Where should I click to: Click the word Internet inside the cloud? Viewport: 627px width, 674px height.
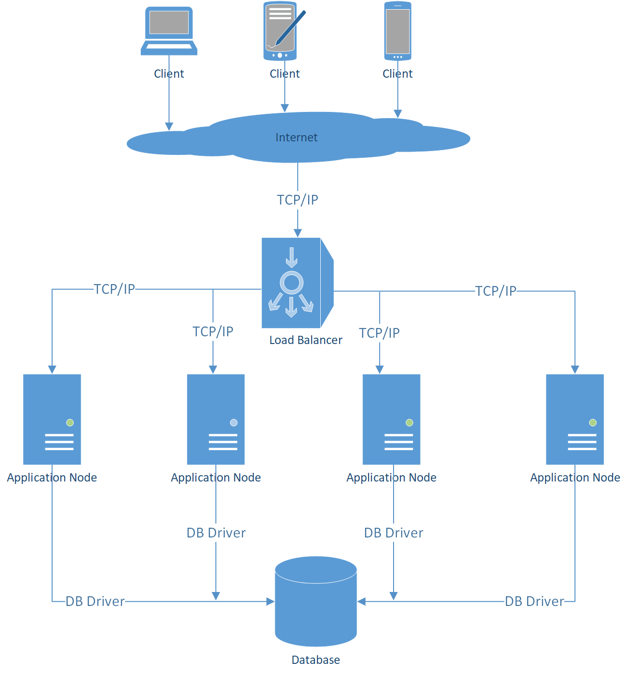(296, 138)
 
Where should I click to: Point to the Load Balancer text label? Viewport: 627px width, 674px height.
(305, 340)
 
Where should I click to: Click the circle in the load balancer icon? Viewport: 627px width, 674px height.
(291, 283)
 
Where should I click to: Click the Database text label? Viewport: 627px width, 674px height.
(315, 660)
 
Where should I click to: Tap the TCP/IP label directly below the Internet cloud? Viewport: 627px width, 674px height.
(298, 200)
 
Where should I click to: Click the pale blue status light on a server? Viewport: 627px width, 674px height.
(234, 423)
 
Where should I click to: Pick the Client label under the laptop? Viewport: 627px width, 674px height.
(169, 74)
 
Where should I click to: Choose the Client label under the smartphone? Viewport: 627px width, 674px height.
(397, 74)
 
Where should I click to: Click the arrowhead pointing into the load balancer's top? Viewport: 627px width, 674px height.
(298, 233)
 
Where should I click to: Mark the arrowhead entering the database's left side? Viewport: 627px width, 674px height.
(271, 602)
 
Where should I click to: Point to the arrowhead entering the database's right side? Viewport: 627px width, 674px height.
(361, 602)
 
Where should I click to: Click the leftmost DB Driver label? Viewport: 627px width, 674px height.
(95, 602)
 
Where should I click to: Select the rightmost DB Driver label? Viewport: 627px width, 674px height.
(534, 602)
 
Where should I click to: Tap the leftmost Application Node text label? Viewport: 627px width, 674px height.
(52, 478)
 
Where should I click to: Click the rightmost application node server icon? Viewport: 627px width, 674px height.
(574, 419)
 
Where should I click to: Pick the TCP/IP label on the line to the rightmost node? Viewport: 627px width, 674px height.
(496, 291)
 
